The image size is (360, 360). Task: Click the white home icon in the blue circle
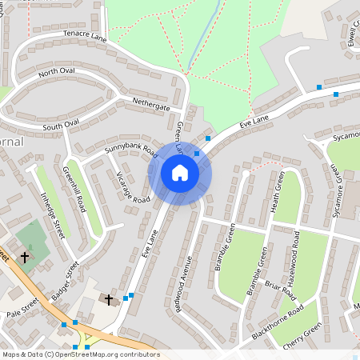(x=180, y=173)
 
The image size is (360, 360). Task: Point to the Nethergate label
(x=151, y=106)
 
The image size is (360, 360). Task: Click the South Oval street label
(x=62, y=126)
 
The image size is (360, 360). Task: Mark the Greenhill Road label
(x=74, y=189)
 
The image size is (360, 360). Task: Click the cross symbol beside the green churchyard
(x=25, y=258)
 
